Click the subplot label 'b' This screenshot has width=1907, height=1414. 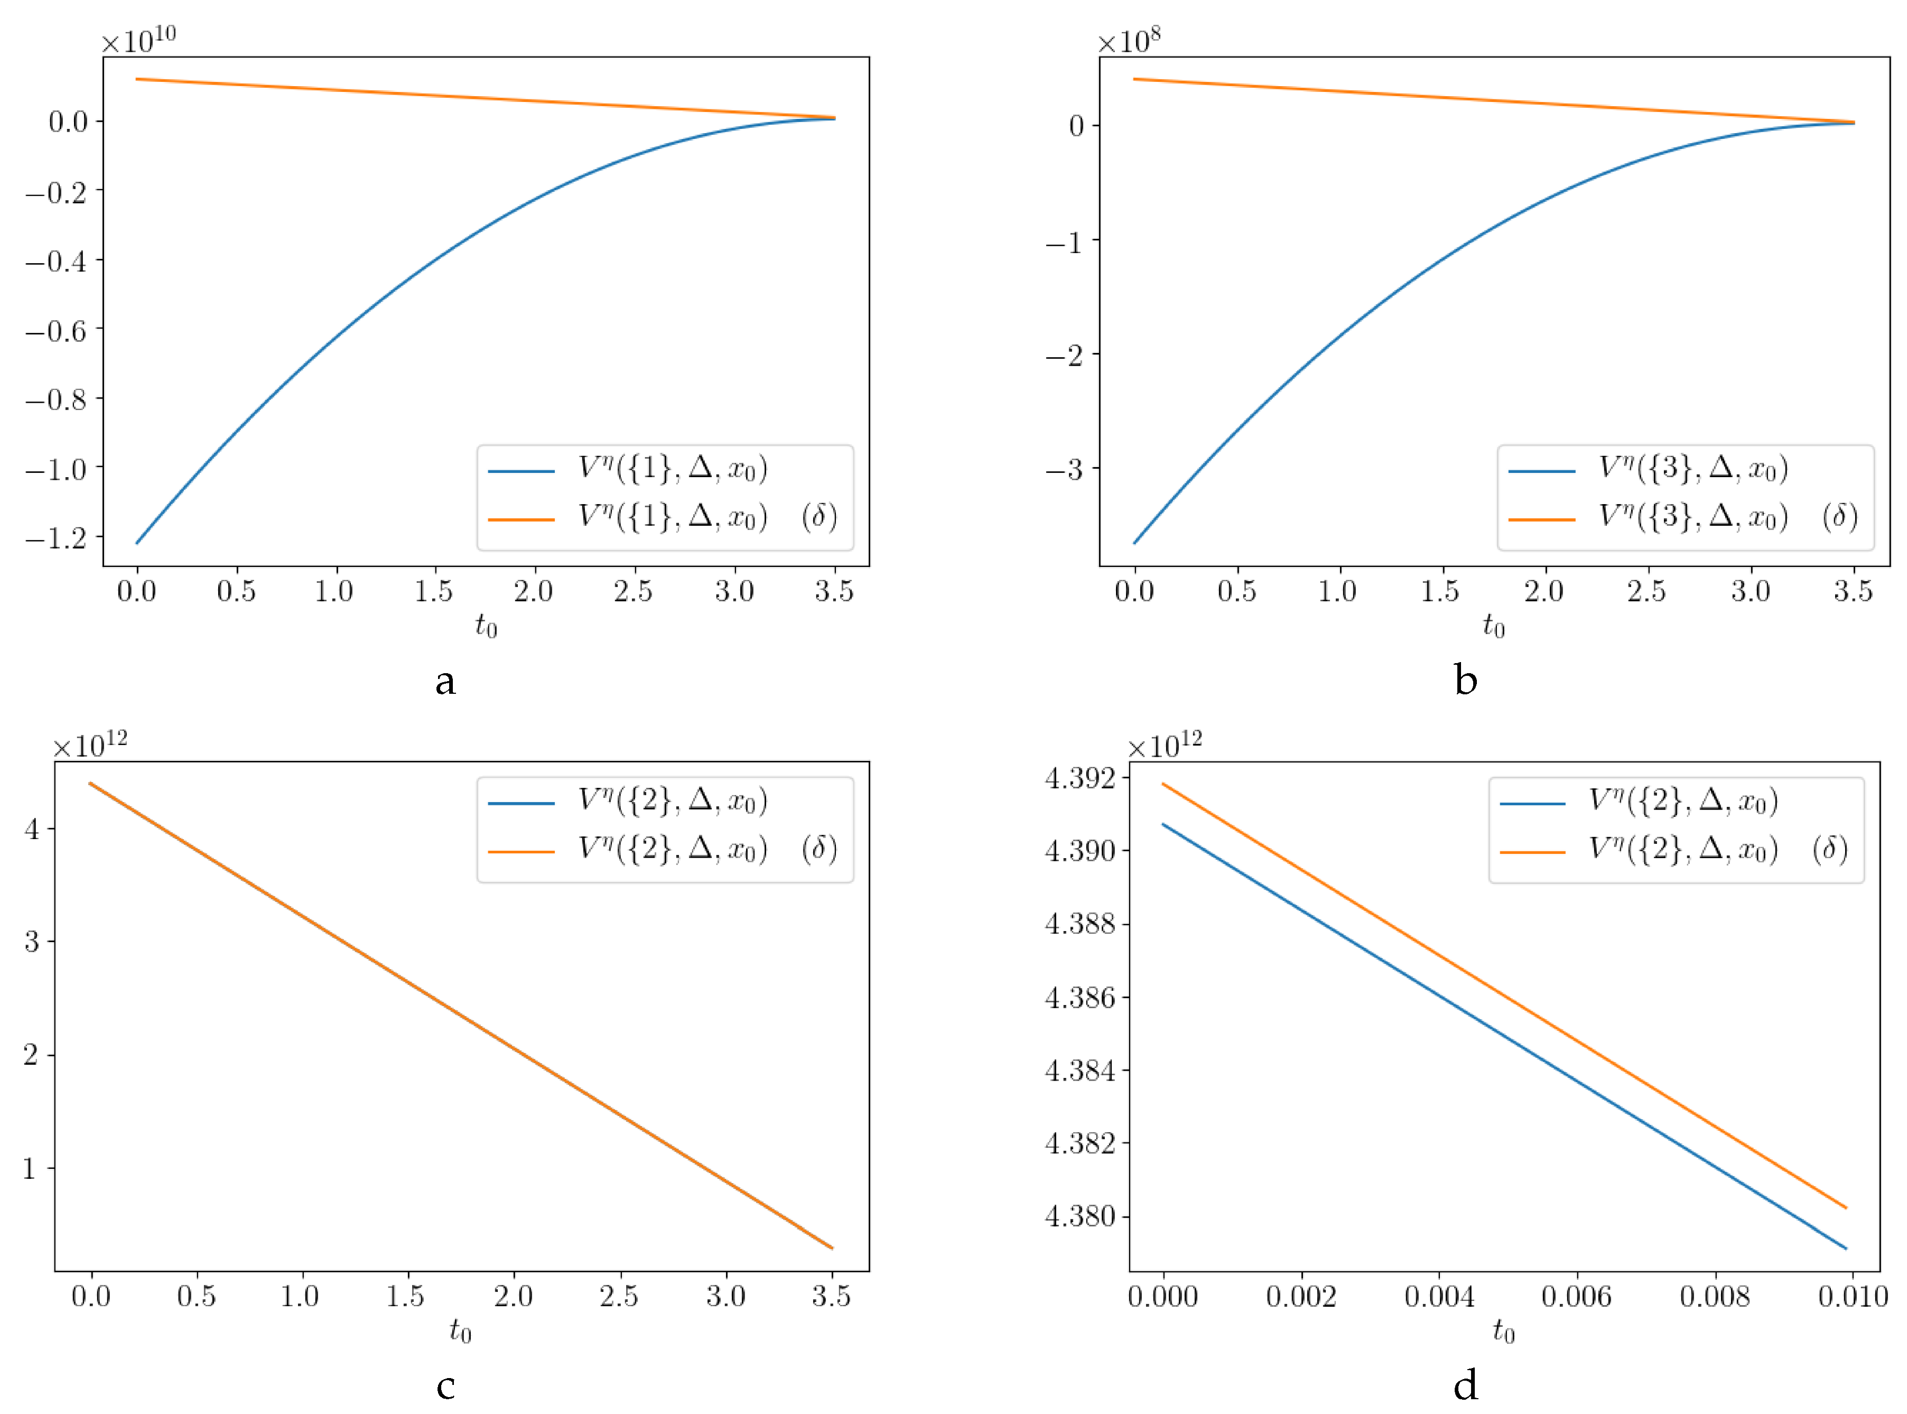click(x=1465, y=681)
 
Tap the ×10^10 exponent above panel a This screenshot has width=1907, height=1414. click(x=138, y=40)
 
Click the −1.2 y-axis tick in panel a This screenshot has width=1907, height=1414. click(x=57, y=538)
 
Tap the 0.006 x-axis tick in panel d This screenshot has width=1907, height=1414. click(x=1577, y=1297)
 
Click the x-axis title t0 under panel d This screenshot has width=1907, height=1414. click(x=1504, y=1331)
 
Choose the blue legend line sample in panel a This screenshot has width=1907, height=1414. click(x=521, y=471)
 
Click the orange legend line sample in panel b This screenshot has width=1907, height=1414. click(x=1541, y=519)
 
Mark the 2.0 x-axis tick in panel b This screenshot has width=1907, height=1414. click(x=1544, y=591)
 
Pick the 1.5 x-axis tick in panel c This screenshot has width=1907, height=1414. click(x=406, y=1297)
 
